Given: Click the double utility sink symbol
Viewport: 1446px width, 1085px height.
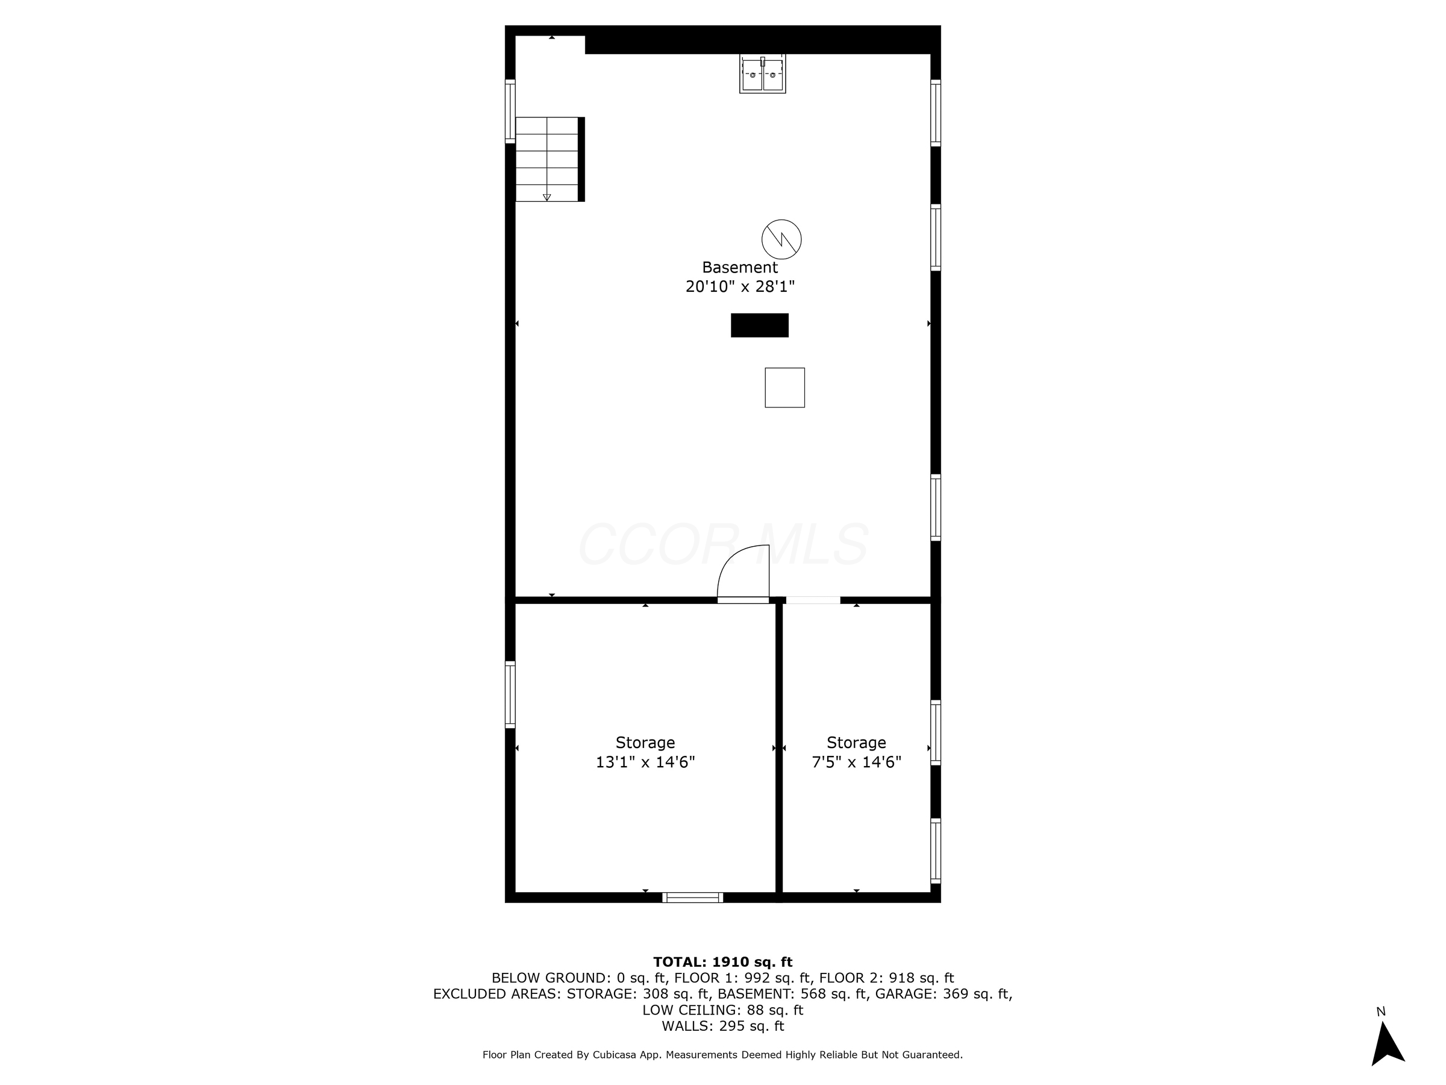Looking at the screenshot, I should [x=762, y=74].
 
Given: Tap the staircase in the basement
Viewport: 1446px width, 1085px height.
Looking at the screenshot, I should [x=547, y=159].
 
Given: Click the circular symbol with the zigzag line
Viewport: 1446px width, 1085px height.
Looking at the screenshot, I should [x=781, y=239].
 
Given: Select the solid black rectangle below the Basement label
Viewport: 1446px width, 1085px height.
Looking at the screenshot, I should [x=759, y=325].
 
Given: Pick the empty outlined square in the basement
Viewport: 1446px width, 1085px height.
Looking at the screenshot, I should [x=784, y=387].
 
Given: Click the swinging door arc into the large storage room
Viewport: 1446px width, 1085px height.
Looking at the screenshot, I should [x=743, y=571].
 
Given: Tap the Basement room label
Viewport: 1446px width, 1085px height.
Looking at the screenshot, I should [x=739, y=268].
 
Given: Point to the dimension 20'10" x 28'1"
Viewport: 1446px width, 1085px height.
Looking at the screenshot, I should [x=739, y=286].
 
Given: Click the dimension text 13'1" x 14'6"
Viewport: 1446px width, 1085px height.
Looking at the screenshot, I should [x=645, y=762].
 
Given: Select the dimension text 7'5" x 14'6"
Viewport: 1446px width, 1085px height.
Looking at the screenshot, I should [x=856, y=762].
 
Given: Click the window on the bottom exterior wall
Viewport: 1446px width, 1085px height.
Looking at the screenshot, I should [x=692, y=898].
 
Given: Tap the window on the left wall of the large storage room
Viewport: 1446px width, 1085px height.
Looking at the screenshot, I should [x=510, y=694].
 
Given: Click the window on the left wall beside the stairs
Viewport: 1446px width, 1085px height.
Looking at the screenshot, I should [x=510, y=110].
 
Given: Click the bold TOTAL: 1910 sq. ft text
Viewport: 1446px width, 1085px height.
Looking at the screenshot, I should [x=722, y=962].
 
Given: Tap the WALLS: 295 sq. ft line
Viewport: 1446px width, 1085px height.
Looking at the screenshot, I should [x=722, y=1026].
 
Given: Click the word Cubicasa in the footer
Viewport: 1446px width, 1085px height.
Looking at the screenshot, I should [x=616, y=1055].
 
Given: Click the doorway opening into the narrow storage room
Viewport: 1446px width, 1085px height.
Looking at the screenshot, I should [x=813, y=600].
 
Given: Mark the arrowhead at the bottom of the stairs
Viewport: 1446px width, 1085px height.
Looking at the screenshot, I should [x=547, y=198].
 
